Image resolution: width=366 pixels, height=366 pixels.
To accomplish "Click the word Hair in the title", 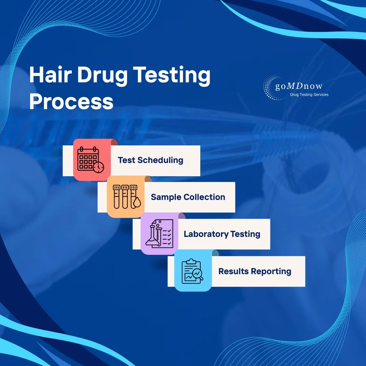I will (49, 75).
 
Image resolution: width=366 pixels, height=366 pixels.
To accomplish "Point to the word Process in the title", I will (71, 101).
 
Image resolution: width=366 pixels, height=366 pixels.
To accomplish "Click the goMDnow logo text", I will (299, 86).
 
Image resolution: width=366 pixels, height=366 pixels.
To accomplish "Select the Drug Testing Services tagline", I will (309, 95).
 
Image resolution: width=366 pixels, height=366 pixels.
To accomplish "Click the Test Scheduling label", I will (150, 160).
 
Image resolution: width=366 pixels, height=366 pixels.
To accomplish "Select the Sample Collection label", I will (188, 197).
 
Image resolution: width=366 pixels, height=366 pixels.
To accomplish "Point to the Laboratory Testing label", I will (222, 234).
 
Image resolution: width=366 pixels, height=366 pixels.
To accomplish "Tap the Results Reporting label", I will (255, 271).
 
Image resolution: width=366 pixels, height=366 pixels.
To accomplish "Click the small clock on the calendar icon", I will (99, 167).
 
